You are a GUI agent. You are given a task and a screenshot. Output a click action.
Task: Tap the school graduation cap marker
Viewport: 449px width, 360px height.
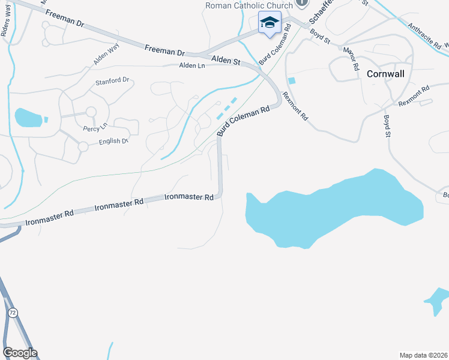[270, 23]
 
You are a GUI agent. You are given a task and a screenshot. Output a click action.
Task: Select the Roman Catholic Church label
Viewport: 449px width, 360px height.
[249, 5]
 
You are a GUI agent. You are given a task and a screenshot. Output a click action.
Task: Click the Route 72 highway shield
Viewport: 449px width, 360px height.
[12, 313]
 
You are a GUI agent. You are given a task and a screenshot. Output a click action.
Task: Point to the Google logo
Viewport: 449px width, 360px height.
[20, 353]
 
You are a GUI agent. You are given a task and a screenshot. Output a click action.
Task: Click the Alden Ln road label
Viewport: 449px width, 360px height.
[192, 66]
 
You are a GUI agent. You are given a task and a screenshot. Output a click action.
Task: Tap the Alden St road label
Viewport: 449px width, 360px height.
[226, 61]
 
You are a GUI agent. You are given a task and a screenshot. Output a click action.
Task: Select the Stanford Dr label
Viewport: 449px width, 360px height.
[113, 80]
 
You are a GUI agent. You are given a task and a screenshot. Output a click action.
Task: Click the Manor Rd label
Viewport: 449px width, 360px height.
[350, 58]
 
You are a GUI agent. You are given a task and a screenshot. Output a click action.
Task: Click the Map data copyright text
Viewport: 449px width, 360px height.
[423, 355]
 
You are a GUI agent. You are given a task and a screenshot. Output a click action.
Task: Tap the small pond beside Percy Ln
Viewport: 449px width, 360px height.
[28, 118]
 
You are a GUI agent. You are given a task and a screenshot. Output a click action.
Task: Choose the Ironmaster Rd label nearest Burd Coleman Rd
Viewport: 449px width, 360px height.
[189, 197]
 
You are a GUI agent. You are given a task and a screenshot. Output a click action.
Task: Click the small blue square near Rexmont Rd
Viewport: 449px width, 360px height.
[292, 80]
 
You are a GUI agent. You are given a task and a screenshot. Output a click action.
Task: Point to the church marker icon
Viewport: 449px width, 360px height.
[302, 4]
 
